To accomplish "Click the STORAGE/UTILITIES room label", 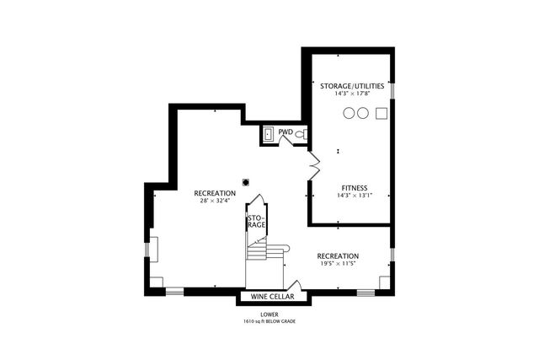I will pyautogui.click(x=352, y=86).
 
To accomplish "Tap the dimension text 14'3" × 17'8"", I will pyautogui.click(x=352, y=94).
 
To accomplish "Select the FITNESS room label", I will pyautogui.click(x=354, y=187).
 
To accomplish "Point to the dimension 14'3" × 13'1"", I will pyautogui.click(x=354, y=196).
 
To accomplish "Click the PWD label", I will pyautogui.click(x=286, y=132).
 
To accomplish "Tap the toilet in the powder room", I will pyautogui.click(x=300, y=134).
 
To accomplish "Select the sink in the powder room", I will pyautogui.click(x=269, y=133).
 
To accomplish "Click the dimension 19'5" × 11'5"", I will pyautogui.click(x=337, y=264).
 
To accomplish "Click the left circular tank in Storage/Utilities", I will pyautogui.click(x=349, y=114).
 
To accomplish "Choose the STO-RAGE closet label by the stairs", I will pyautogui.click(x=255, y=222).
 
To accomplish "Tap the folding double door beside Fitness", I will pyautogui.click(x=314, y=163).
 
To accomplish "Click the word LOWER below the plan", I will pyautogui.click(x=269, y=314).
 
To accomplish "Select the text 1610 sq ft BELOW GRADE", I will pyautogui.click(x=269, y=321).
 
